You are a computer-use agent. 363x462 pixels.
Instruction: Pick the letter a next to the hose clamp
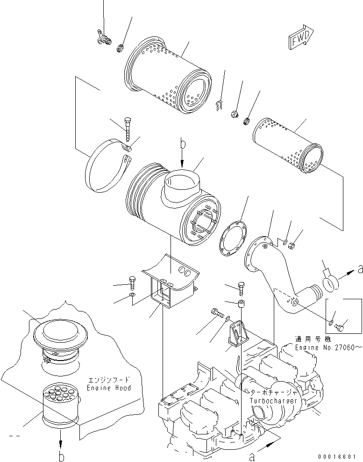pyautogui.click(x=359, y=269)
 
